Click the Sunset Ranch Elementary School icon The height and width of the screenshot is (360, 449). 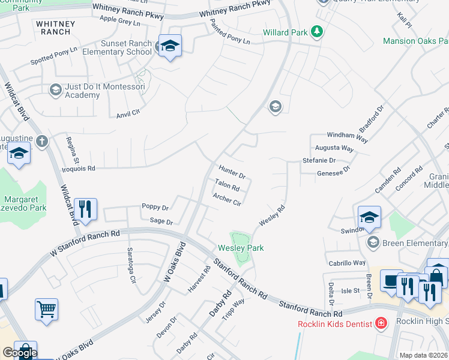pos(170,46)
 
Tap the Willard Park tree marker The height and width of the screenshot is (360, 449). pos(316,31)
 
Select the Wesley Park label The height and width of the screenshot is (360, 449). pos(241,248)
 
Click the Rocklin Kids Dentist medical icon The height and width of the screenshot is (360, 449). pos(381,324)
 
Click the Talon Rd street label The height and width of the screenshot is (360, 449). pos(228,186)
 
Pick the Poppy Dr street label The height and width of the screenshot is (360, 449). pos(155,207)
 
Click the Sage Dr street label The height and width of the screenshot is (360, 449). pos(161,221)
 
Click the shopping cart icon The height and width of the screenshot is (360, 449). pos(46,310)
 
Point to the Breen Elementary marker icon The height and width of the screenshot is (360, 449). pos(373,242)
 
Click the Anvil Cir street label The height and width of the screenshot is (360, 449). pos(127,112)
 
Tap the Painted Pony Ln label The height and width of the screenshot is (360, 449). pos(230,32)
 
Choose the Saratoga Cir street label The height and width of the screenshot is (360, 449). pos(131,265)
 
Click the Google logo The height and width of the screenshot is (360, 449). pos(19,353)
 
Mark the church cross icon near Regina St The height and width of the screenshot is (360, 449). pos(41,141)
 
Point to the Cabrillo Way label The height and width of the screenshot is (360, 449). pos(346,263)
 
